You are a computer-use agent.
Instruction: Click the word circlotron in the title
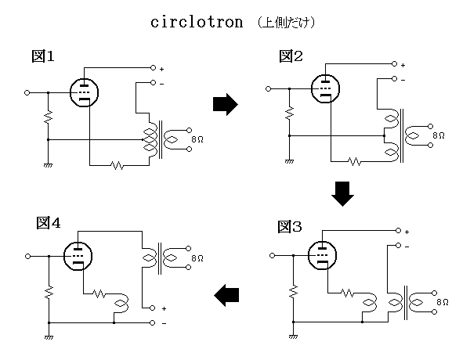point(199,22)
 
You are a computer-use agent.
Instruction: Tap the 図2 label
point(291,56)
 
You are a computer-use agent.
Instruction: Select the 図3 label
point(291,227)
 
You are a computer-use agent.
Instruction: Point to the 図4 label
point(49,223)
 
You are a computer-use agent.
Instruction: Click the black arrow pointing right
point(225,104)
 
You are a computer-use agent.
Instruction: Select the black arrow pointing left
point(226,295)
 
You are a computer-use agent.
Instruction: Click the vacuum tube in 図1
point(84,92)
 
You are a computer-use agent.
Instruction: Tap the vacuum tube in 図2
point(325,88)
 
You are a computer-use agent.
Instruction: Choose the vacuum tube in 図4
point(78,256)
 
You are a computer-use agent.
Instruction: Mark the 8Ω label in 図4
point(196,257)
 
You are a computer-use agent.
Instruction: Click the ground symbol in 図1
point(49,166)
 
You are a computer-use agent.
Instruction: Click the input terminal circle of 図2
point(269,88)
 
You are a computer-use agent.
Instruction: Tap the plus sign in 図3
point(408,232)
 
